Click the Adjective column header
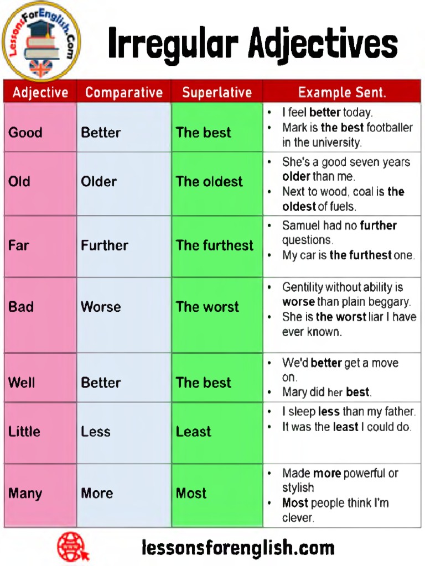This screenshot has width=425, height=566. tap(40, 92)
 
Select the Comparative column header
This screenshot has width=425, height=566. tap(124, 92)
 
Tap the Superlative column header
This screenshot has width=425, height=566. tap(217, 92)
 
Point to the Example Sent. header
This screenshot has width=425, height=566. tap(342, 92)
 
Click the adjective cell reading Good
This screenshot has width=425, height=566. tap(25, 133)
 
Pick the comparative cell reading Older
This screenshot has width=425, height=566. tap(99, 181)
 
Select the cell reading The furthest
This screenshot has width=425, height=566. tap(215, 245)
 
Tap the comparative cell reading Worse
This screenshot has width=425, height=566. tap(101, 307)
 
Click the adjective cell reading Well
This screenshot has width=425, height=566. tap(22, 382)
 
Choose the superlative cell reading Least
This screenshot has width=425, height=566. tap(194, 432)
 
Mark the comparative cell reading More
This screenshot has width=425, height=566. tap(97, 493)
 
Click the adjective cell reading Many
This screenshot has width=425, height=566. tap(25, 494)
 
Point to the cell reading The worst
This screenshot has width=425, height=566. tap(208, 307)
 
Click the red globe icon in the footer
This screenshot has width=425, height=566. tap(73, 547)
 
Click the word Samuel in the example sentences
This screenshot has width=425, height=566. tap(302, 226)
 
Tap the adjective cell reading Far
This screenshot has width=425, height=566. tap(18, 245)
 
